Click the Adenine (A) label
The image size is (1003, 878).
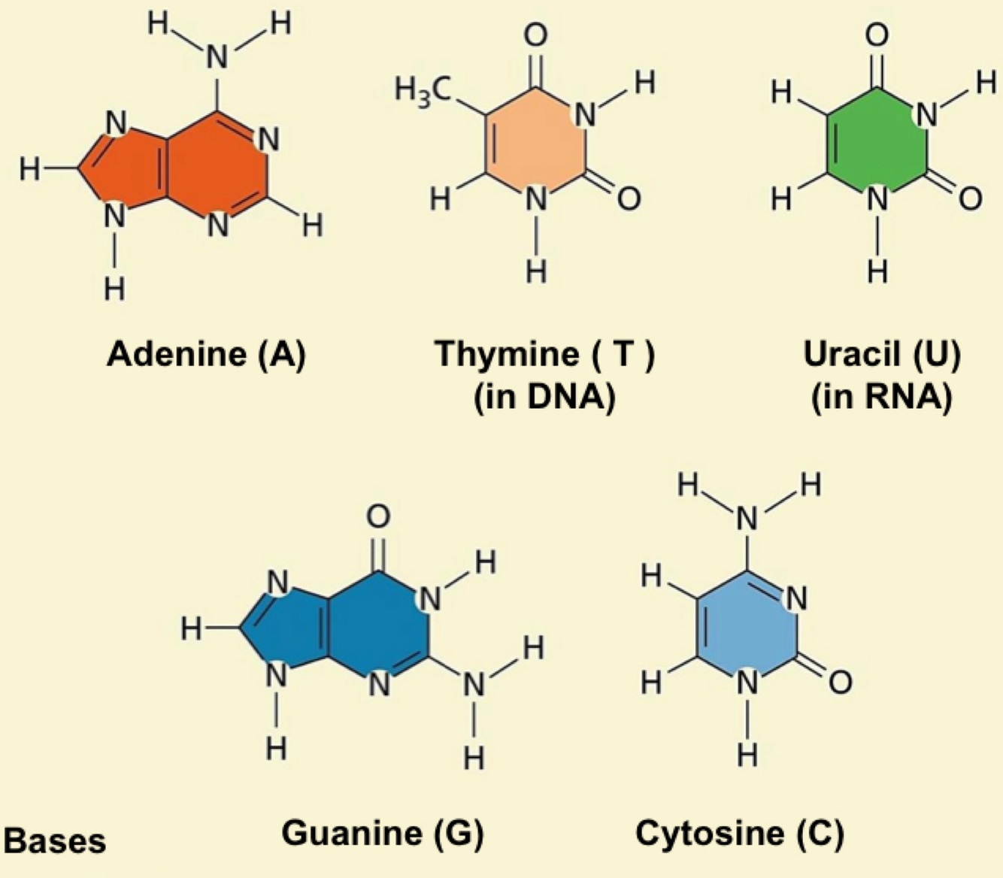206,353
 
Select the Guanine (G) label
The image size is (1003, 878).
382,833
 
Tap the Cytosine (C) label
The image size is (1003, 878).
739,833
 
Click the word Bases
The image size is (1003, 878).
56,840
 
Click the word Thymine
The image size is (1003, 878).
509,353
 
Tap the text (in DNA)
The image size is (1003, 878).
544,396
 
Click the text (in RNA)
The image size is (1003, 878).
880,396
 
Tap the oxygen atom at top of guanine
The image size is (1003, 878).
378,517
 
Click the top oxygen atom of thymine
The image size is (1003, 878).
535,35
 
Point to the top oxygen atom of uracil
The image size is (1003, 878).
877,35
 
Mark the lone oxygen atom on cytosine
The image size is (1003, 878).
841,682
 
